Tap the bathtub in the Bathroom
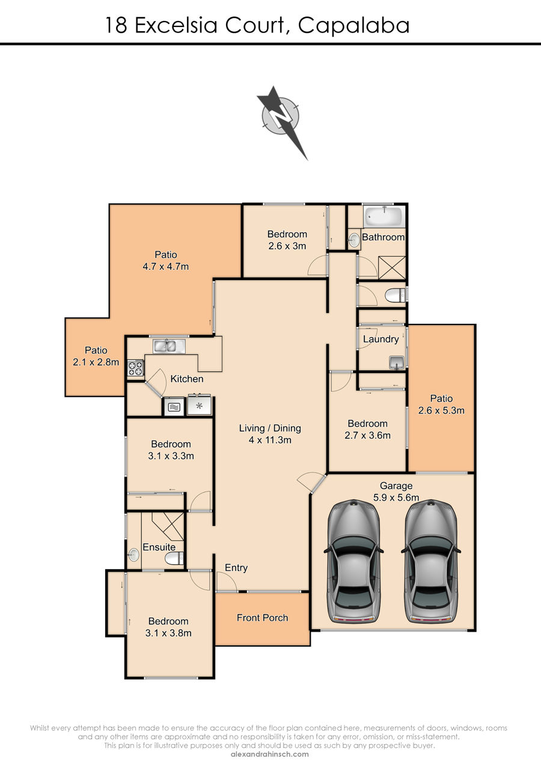tap(384, 216)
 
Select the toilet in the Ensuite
tap(174, 559)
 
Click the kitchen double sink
tap(169, 346)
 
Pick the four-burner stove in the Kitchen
tap(136, 368)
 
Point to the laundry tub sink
tap(397, 362)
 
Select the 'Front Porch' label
tap(262, 617)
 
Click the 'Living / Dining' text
tap(270, 428)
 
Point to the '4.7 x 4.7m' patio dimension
tap(166, 266)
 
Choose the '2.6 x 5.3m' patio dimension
tap(441, 410)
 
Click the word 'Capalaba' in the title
tap(353, 26)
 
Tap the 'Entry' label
tap(236, 568)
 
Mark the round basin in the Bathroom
tap(355, 240)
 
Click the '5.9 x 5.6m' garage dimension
tap(396, 497)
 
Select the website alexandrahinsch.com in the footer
tap(270, 754)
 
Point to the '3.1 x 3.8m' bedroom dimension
tap(168, 633)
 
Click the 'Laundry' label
tap(381, 339)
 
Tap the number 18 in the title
tap(117, 25)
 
